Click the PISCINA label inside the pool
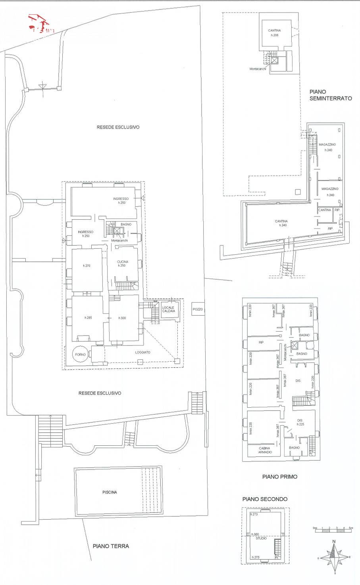pos(109,492)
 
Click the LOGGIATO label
pos(142,352)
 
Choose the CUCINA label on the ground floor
pos(122,262)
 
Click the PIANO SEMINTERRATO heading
pos(330,95)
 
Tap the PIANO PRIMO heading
pos(279,477)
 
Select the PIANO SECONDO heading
pos(265,499)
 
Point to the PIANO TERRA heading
pos(111,546)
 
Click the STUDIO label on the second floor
pos(261,538)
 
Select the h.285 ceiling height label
pos(88,318)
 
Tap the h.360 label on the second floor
pos(255,534)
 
